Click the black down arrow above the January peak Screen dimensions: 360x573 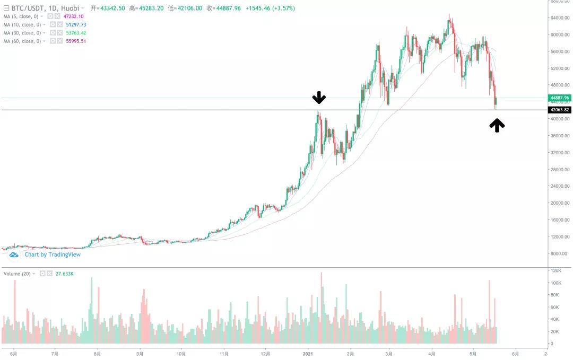tap(319, 98)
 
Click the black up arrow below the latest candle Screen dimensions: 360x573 tap(497, 125)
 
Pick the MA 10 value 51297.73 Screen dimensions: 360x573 tap(76, 24)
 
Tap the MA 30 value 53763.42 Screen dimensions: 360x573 tap(76, 33)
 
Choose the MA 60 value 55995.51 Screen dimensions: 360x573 tap(76, 41)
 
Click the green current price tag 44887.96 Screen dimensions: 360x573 tap(559, 98)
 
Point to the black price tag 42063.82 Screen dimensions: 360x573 tap(559, 110)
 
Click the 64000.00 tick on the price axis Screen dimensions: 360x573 tap(560, 18)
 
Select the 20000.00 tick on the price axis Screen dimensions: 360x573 tap(560, 203)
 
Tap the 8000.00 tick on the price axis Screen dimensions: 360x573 tap(561, 253)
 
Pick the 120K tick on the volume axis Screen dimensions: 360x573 tap(555, 270)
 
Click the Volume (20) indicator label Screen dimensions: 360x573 tap(17, 274)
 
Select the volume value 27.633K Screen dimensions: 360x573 tap(64, 274)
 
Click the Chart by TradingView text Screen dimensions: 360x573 tap(52, 254)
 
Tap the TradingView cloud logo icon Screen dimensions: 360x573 tap(14, 254)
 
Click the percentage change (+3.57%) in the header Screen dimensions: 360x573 tap(283, 8)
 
